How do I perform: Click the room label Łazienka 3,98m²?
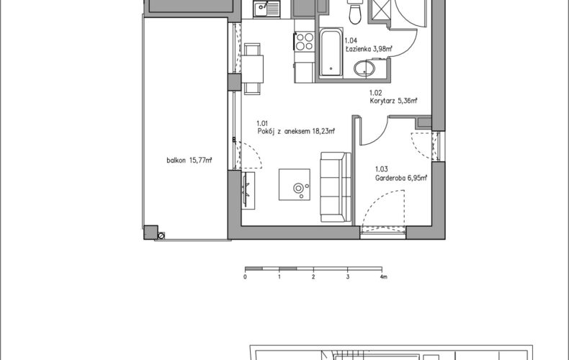click(369, 49)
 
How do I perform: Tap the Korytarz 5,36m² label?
click(393, 101)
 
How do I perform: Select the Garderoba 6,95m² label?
click(401, 178)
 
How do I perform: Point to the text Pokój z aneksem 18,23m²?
click(296, 131)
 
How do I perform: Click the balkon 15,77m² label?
click(189, 160)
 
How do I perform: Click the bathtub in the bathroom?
click(331, 53)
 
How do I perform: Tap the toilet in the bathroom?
click(354, 12)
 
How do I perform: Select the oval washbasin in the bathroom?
click(364, 68)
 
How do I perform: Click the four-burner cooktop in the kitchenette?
click(305, 41)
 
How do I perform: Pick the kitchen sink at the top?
click(266, 9)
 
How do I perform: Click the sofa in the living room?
click(336, 187)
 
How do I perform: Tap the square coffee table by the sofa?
click(295, 184)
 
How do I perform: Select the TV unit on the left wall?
click(248, 190)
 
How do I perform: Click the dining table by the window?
click(253, 69)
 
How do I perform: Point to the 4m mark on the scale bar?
click(384, 277)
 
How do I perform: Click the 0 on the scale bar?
click(246, 277)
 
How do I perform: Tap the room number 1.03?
click(382, 169)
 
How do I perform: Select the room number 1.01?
click(262, 123)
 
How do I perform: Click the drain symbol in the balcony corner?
click(161, 236)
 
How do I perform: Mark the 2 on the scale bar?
click(313, 277)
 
